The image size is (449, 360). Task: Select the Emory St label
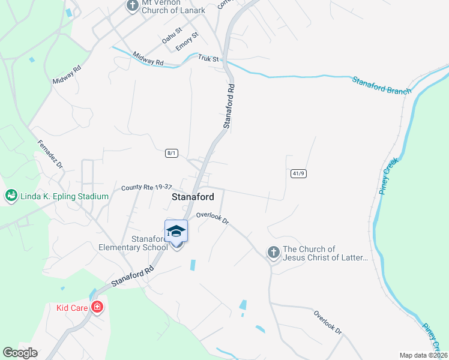pyautogui.click(x=187, y=41)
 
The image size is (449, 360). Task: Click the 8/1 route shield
pyautogui.click(x=172, y=153)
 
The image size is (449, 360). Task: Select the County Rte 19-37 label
pyautogui.click(x=146, y=187)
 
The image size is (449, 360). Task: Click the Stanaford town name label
pyautogui.click(x=193, y=197)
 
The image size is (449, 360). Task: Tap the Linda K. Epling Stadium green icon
pyautogui.click(x=11, y=196)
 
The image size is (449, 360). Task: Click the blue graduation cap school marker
pyautogui.click(x=176, y=231)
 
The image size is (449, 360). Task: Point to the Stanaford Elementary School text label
pyautogui.click(x=133, y=243)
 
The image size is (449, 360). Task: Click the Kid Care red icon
pyautogui.click(x=97, y=308)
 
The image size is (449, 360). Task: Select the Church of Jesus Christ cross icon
pyautogui.click(x=273, y=253)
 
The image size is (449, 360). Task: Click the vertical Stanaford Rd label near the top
pyautogui.click(x=229, y=106)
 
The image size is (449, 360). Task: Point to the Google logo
pyautogui.click(x=20, y=353)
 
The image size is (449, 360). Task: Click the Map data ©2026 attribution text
pyautogui.click(x=423, y=355)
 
